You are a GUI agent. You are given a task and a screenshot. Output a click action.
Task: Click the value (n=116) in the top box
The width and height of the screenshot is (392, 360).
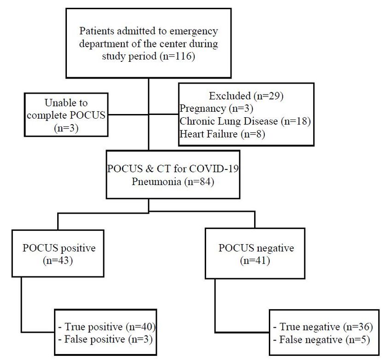tap(177, 56)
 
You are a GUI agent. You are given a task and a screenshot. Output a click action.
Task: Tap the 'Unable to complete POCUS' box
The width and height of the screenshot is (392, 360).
tap(66, 115)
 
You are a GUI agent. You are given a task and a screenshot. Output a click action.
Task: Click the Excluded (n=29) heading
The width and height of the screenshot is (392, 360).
tap(246, 96)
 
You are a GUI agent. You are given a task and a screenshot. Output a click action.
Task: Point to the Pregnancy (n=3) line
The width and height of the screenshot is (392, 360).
tap(216, 108)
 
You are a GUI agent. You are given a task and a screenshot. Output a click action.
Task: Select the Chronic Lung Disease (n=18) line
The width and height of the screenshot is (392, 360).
tap(245, 121)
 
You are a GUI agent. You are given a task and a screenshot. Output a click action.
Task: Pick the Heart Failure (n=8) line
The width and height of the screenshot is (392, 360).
tap(222, 134)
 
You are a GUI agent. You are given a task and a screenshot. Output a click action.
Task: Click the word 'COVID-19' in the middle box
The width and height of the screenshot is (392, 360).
tap(214, 169)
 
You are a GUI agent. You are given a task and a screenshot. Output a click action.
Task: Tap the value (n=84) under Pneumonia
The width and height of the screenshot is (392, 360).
tap(199, 182)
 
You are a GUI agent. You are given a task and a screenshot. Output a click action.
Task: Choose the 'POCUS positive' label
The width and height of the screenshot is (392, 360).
tap(59, 248)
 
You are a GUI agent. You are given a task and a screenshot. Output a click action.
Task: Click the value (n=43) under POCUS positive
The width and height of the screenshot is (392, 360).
tap(58, 261)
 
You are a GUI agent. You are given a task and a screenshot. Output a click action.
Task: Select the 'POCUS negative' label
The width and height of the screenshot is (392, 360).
tap(256, 248)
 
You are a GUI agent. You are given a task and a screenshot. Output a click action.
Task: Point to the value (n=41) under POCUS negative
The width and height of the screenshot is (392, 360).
tap(255, 261)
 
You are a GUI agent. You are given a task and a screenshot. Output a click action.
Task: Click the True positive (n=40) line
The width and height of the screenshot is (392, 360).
tap(107, 327)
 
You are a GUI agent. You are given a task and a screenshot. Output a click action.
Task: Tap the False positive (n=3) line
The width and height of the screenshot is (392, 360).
tap(105, 340)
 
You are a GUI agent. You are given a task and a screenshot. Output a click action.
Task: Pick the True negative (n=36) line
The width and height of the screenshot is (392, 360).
tap(323, 327)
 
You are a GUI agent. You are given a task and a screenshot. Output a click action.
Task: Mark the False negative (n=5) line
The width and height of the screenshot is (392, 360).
tap(321, 340)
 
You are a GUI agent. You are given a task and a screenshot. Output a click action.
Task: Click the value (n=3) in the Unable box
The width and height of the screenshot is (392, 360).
tap(66, 128)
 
